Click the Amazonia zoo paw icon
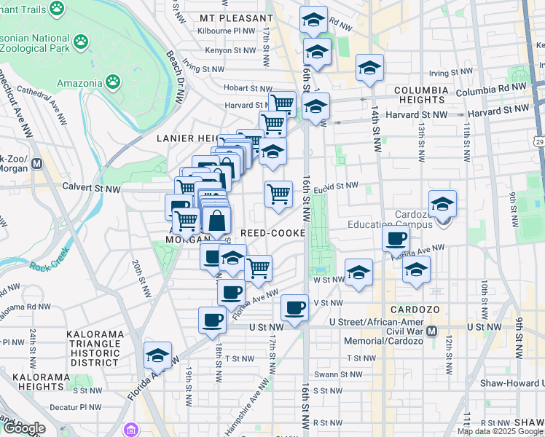[113, 82]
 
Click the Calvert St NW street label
[91, 188]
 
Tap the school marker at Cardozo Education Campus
[442, 205]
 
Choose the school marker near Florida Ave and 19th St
[157, 355]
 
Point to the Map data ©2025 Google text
[499, 431]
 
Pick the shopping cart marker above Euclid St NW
[278, 194]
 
